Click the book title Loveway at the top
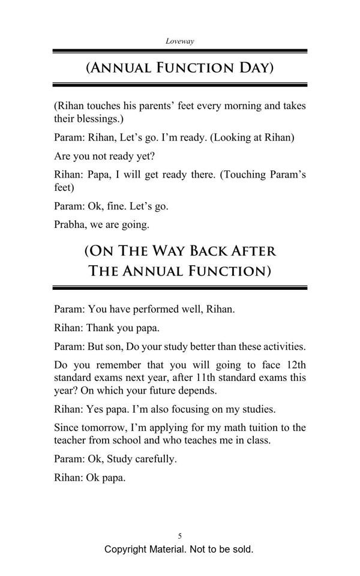tap(179, 41)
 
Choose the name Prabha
tap(71, 225)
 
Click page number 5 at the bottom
tap(180, 536)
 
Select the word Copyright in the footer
tap(128, 549)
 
